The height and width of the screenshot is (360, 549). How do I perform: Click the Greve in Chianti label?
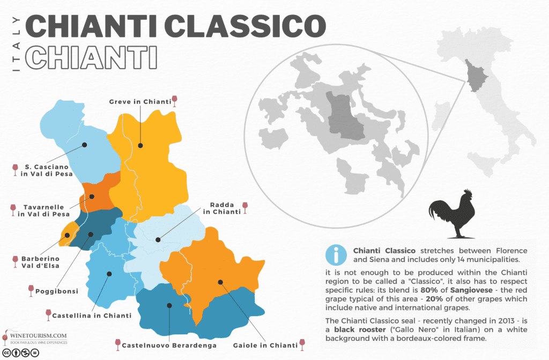[139, 101]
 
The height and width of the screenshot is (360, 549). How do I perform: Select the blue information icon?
[336, 255]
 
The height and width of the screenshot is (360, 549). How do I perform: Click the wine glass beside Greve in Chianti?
[174, 101]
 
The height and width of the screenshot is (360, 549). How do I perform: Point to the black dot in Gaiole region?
[220, 282]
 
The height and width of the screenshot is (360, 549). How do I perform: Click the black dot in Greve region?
[140, 145]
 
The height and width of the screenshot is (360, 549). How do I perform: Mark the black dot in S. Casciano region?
[85, 145]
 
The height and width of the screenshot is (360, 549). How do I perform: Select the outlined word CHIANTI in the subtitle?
[91, 57]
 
